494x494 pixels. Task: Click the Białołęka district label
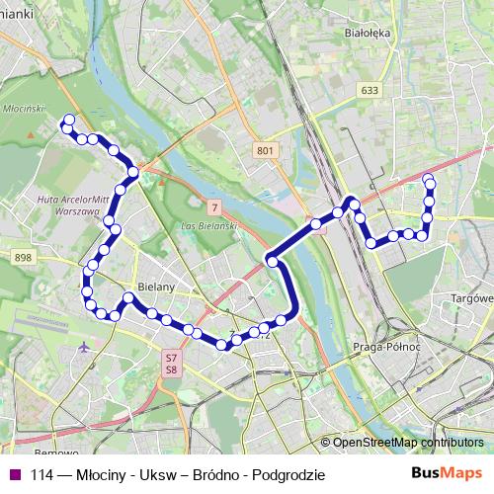pos(362,32)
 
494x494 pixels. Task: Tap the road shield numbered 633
pos(370,91)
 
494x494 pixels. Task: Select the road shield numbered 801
pos(263,149)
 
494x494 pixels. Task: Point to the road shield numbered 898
pos(24,257)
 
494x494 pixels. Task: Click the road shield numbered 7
pos(214,206)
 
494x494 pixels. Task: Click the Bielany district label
pos(157,287)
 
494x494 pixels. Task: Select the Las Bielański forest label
pos(205,228)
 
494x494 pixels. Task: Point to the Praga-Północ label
pos(386,347)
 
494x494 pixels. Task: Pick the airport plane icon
pos(82,348)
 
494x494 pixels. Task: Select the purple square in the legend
pos(13,474)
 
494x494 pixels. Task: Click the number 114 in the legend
pos(41,474)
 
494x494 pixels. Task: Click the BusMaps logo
pos(448,473)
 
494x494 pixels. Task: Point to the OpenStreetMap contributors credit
pos(407,443)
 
